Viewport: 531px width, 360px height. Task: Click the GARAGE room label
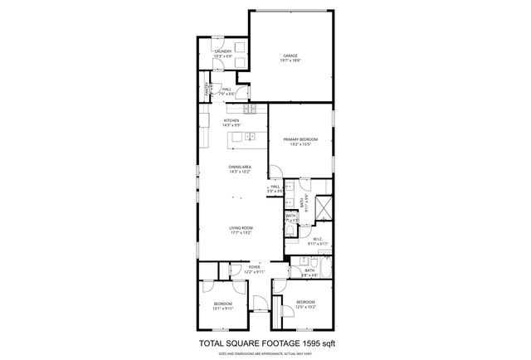tap(290, 56)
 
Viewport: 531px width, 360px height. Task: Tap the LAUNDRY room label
tap(222, 51)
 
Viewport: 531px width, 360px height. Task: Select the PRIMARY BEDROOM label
tap(300, 139)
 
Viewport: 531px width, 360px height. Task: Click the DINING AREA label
tap(240, 167)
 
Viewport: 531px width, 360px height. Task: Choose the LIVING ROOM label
tap(241, 228)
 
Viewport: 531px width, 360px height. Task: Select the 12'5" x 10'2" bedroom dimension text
tap(306, 306)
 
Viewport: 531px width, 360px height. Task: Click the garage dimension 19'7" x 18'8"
tap(290, 61)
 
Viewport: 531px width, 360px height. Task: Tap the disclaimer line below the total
tap(265, 352)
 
